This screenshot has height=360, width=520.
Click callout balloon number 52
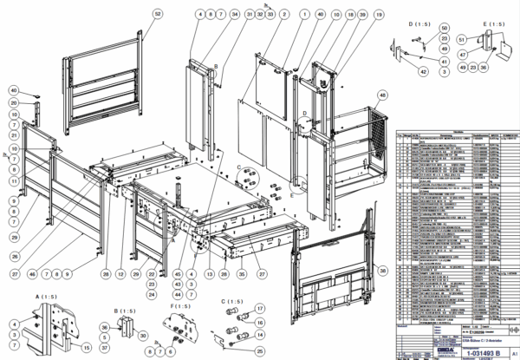pos(157,15)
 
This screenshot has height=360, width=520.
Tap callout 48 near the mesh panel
pos(382,94)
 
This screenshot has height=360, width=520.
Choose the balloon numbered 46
pos(32,274)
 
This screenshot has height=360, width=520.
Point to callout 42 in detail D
pos(424,72)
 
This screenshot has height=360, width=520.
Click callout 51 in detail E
pos(462,39)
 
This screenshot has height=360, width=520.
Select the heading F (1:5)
pos(181,306)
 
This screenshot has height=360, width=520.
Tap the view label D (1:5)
pos(419,24)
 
